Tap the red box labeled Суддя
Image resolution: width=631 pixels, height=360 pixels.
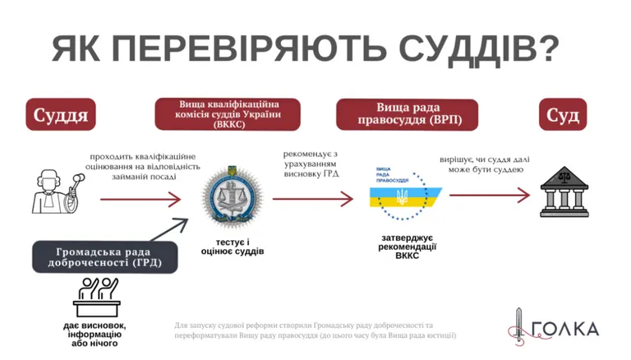tap(60, 114)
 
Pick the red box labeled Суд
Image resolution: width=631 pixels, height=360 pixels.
tap(564, 114)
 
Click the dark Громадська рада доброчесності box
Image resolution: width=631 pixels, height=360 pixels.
tap(104, 256)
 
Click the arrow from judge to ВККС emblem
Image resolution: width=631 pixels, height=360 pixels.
tap(140, 199)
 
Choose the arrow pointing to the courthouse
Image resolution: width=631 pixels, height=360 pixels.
tap(489, 195)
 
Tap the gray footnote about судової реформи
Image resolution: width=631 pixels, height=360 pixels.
tap(315, 330)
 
